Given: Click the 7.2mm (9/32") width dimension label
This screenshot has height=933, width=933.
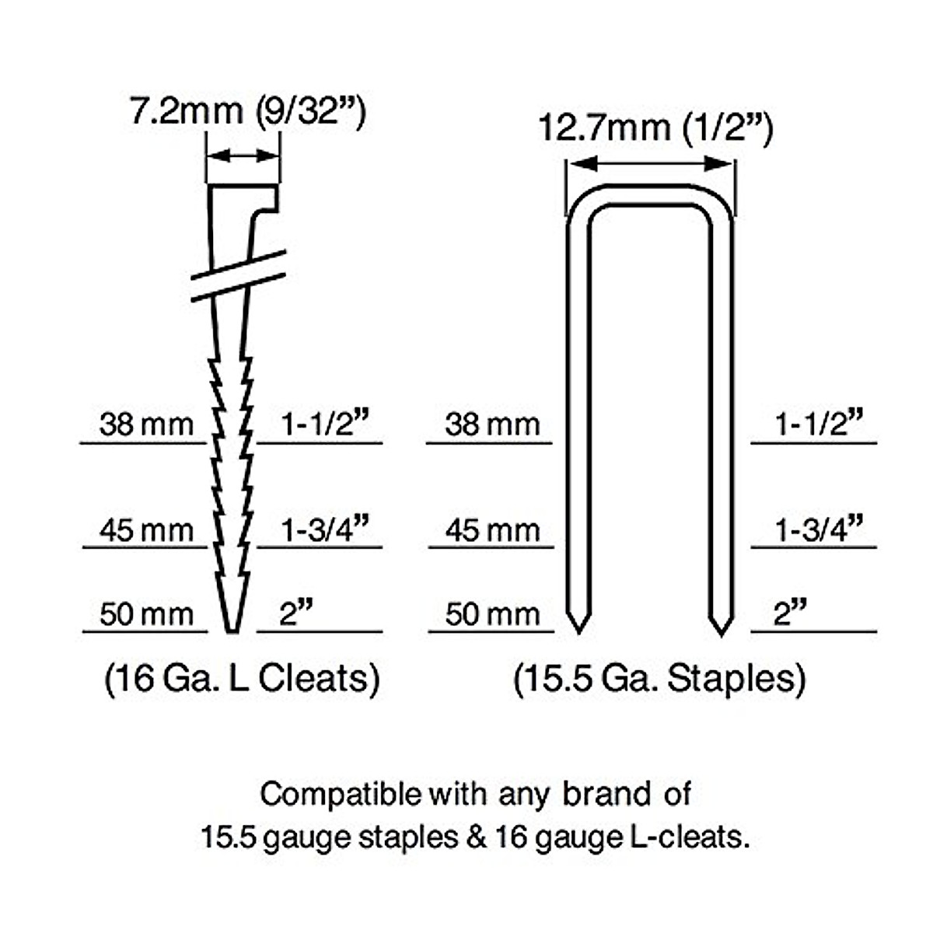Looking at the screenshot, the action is tap(247, 112).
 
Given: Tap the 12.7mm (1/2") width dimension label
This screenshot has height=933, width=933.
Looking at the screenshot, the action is tap(655, 128).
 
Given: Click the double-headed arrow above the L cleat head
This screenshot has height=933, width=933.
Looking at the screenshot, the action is tap(243, 156).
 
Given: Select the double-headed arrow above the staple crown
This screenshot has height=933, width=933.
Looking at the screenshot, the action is tap(651, 163).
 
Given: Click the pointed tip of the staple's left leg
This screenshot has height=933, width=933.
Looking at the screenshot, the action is tap(579, 634).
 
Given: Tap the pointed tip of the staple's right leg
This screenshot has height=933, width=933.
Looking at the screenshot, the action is tap(722, 634).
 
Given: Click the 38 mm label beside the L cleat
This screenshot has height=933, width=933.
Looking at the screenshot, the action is tap(146, 425).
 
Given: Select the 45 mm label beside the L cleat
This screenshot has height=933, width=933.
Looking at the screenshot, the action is tap(146, 530).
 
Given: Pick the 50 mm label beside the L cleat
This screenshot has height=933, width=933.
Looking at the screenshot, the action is tap(146, 614).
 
